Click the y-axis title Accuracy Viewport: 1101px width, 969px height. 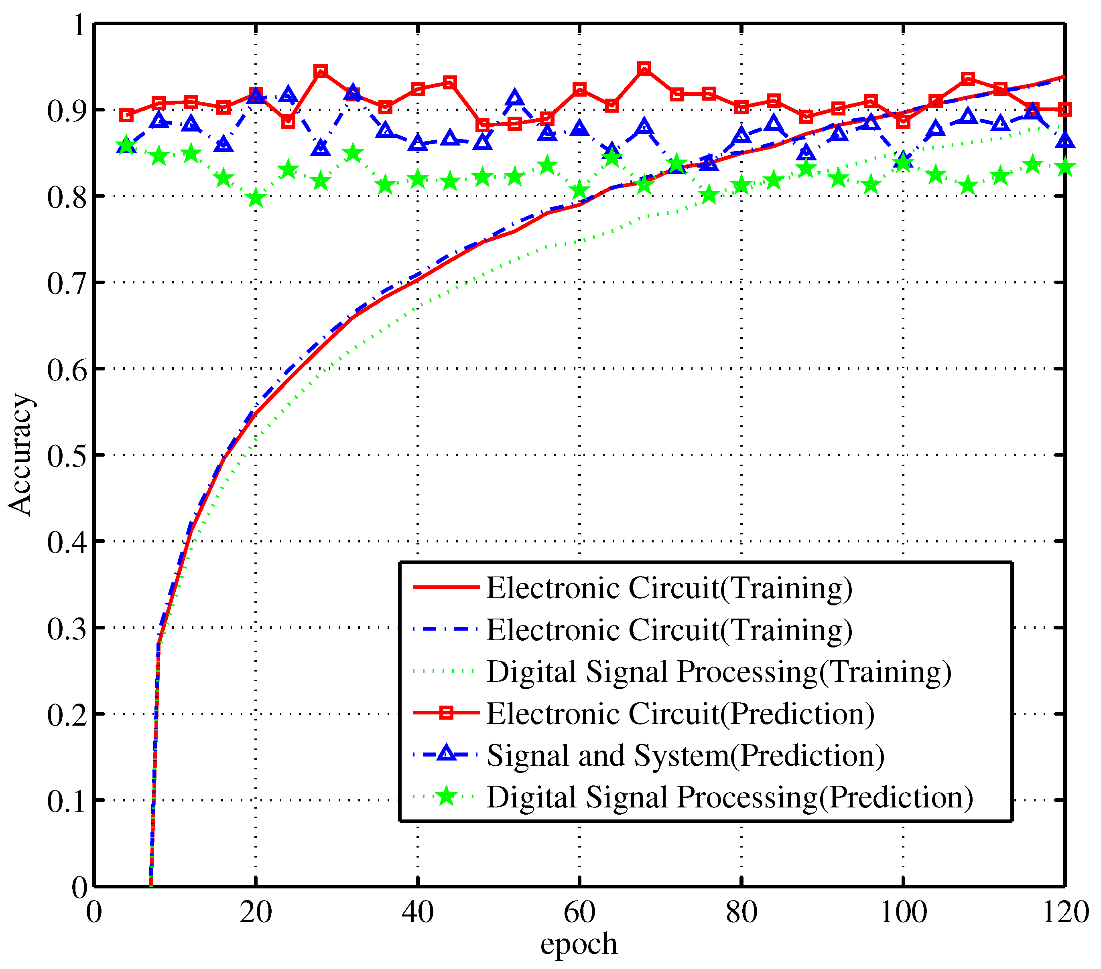(20, 455)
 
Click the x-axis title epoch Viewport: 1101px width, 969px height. (579, 943)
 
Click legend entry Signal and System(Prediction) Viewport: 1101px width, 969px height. (685, 755)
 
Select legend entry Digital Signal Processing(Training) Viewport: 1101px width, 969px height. (719, 671)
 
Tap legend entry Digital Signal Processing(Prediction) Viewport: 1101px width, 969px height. (730, 797)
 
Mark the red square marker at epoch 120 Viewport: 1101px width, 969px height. (1064, 110)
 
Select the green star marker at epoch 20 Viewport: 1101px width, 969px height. (256, 198)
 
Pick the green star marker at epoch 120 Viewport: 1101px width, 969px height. (1064, 168)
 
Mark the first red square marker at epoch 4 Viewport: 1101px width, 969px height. (126, 115)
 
